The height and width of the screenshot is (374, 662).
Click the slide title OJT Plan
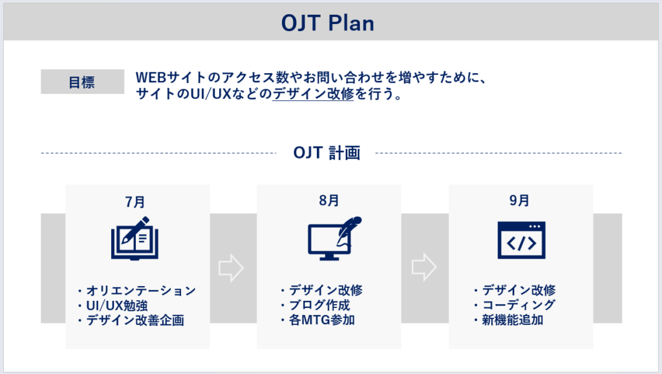pos(328,23)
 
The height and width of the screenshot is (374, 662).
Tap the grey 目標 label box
pos(82,82)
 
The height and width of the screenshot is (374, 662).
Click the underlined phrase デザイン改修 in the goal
pos(313,94)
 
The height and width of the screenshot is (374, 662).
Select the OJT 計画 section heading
pos(326,153)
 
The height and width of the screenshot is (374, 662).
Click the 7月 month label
pos(136,201)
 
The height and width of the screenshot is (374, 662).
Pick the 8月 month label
pos(328,201)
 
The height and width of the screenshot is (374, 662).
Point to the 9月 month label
pos(519,201)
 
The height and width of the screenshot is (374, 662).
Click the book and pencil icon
pos(134,238)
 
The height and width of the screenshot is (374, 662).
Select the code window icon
pos(521,239)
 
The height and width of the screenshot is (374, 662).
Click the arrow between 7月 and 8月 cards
pos(231,268)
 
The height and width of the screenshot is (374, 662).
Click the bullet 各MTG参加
pos(317,320)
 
